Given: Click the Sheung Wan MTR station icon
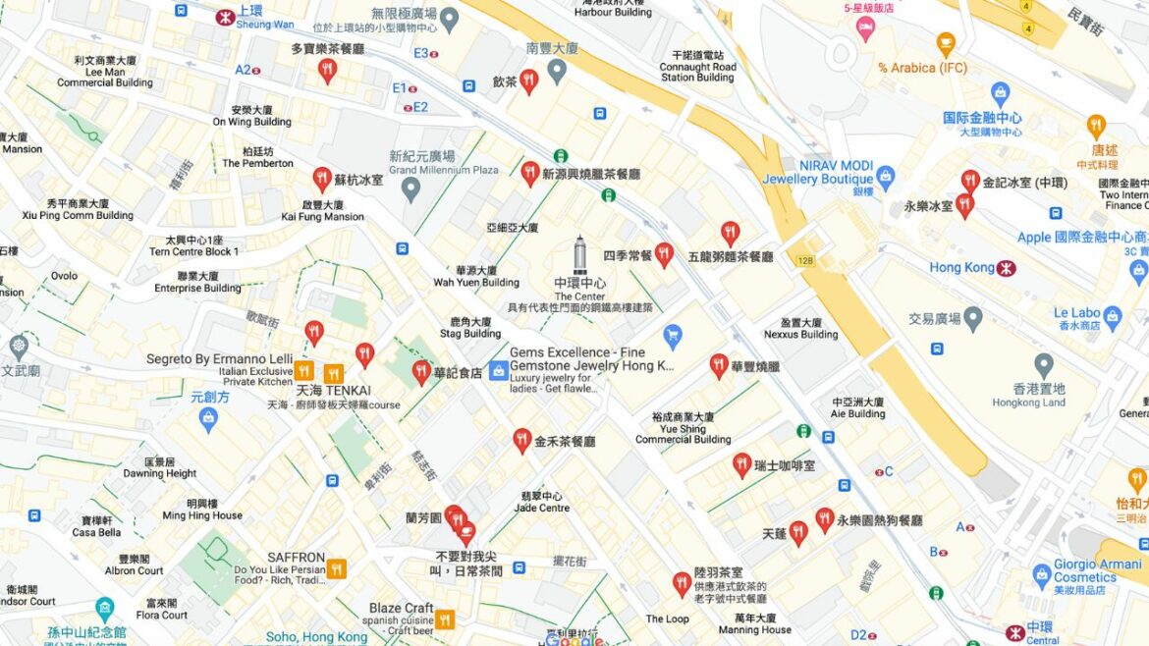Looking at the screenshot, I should pos(224,16).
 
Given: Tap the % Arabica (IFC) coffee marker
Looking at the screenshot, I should pos(946,43).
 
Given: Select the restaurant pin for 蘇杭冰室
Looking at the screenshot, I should pos(322,179).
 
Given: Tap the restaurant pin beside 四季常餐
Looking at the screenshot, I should pos(664,254).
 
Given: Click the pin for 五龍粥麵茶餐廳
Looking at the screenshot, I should pos(730,233).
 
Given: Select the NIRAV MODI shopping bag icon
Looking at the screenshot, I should pos(886,178).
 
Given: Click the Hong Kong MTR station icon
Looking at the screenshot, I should pos(1006,268).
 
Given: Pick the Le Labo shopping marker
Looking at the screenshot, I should pos(1112,317).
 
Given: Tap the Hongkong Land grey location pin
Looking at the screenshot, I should pos(1043,366).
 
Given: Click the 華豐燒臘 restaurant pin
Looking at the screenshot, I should pos(719,365).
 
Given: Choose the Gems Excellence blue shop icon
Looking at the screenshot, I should pos(498,370).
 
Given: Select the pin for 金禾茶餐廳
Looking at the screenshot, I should pos(522,440).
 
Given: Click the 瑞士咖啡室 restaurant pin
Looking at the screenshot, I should pos(741,464).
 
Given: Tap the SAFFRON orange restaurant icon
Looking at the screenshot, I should pos(337,568).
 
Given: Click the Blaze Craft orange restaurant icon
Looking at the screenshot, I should pos(445,619).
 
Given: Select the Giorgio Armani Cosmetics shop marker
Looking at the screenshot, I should pos(1042,576).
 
